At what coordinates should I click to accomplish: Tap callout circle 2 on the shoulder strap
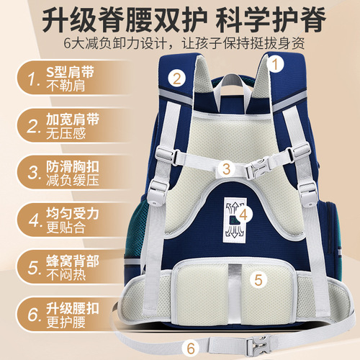pyautogui.click(x=177, y=77)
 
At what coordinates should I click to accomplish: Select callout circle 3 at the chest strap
pyautogui.click(x=225, y=169)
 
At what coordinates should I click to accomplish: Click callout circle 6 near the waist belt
pyautogui.click(x=190, y=347)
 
